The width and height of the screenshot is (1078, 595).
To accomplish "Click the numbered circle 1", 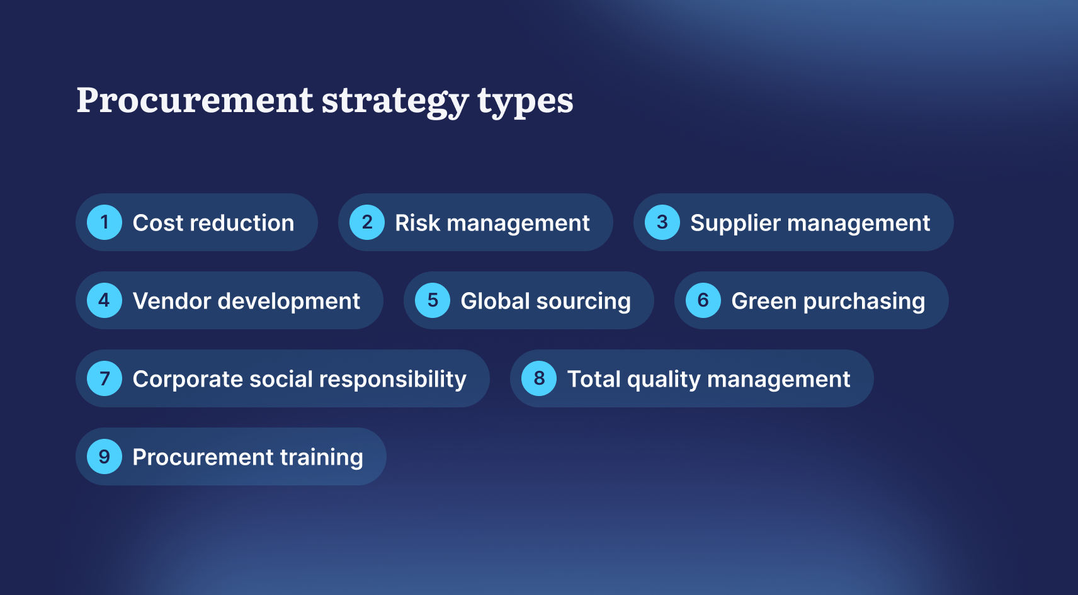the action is (x=105, y=222).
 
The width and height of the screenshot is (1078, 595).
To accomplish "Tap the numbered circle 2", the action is (x=366, y=222).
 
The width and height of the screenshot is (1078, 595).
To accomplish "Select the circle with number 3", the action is (x=662, y=222).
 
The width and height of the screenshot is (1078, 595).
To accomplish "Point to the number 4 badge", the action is (x=105, y=300).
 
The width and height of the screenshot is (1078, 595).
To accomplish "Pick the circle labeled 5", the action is (x=433, y=300).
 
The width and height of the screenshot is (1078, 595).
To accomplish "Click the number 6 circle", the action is (x=703, y=300).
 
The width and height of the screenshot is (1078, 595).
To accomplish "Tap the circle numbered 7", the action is (x=105, y=378).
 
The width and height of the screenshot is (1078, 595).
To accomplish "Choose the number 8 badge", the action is (x=539, y=378).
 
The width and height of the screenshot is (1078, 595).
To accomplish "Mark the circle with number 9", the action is (x=105, y=456).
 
